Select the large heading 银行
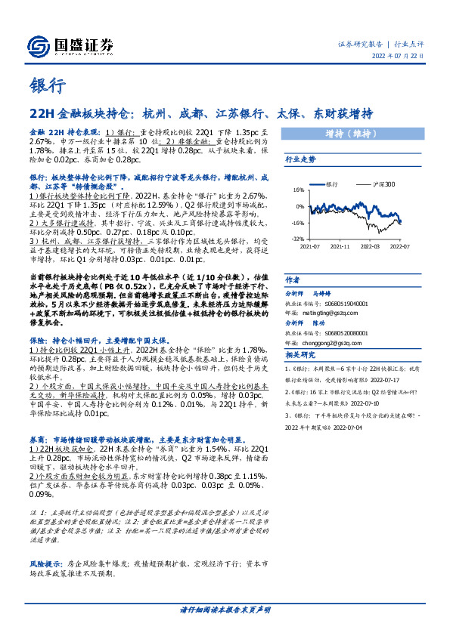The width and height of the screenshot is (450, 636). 46,85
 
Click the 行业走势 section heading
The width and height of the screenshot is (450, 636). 300,160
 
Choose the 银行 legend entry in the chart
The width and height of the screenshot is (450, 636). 329,184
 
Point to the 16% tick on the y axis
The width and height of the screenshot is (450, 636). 299,190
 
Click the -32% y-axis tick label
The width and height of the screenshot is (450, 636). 297,237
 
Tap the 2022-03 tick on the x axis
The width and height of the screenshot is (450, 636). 370,245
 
